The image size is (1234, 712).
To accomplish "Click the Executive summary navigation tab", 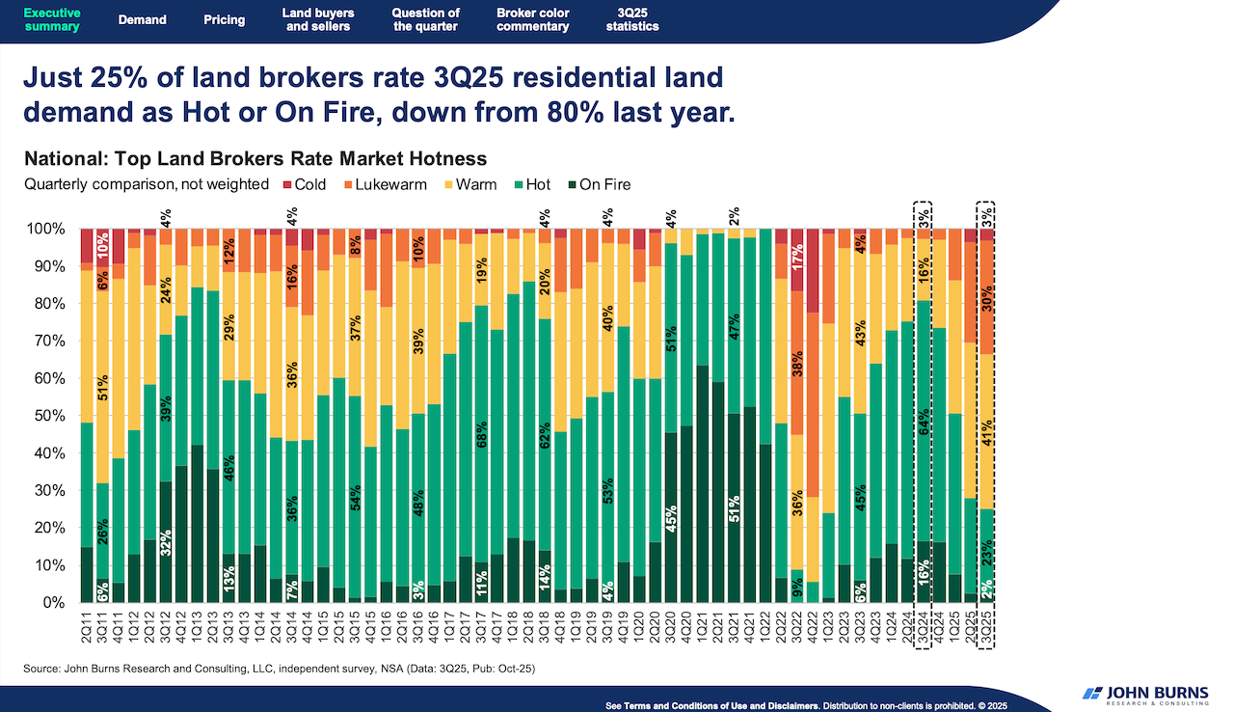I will [51, 19].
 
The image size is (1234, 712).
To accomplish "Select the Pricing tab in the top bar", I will [224, 19].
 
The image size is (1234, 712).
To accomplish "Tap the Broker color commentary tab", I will [532, 19].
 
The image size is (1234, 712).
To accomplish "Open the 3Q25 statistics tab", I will [632, 19].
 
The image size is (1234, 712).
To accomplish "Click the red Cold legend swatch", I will [286, 184].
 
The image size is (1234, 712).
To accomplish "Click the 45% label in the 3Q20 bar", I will [670, 518].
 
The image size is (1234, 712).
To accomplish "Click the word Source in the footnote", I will [42, 668].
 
